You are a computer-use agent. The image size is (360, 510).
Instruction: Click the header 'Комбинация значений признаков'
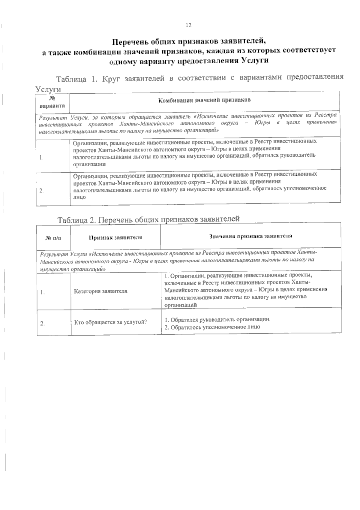coord(205,100)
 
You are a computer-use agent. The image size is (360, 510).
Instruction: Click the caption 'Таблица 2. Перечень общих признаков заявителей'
coord(149,219)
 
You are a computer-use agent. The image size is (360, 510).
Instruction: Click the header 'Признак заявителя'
coord(115,237)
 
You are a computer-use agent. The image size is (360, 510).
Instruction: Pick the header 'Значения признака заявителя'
coord(250,236)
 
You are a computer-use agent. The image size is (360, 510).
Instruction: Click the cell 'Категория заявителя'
coord(100,291)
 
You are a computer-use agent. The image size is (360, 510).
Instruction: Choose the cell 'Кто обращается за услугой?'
coord(110,322)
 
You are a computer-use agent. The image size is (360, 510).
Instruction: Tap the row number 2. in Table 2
coord(43,323)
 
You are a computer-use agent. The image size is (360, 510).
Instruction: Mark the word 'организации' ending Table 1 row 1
coord(89,164)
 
